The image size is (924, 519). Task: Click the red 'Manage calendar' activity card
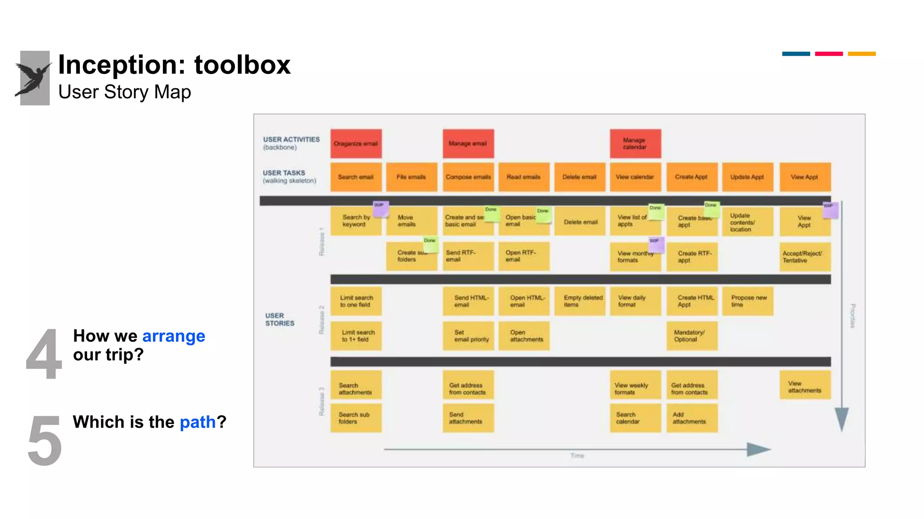coord(635,144)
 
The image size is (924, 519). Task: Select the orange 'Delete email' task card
coord(579,177)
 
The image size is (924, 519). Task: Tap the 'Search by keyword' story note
coord(355,221)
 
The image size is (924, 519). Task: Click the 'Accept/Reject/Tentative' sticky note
coord(804,257)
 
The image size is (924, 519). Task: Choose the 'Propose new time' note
coord(748,301)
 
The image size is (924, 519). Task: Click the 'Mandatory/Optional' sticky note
coord(692,336)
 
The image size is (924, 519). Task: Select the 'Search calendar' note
coord(635,418)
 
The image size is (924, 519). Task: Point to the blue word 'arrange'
coord(174,336)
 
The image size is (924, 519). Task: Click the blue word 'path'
coord(198,422)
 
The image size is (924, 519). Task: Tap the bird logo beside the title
coord(34,78)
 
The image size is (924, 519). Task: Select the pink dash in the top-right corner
coord(829,54)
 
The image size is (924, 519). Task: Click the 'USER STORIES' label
coord(279,319)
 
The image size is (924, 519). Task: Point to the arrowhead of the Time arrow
coord(759,449)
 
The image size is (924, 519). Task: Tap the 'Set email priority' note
coord(468,336)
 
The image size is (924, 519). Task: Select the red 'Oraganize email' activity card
coord(356,144)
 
